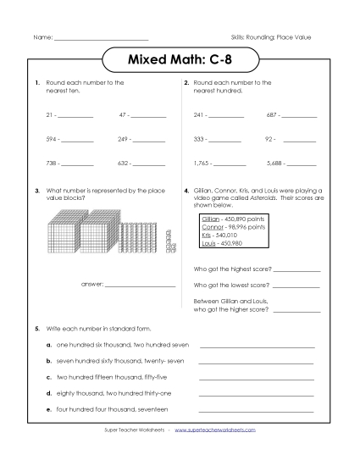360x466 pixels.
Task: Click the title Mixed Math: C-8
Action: pos(180,62)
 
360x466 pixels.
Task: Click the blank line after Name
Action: pos(101,40)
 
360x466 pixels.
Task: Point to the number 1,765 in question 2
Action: pos(202,163)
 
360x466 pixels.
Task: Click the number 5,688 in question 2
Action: pos(274,163)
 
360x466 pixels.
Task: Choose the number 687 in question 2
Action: pos(273,114)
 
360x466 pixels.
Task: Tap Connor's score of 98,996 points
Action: pos(246,227)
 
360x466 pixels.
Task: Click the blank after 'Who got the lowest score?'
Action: pos(296,286)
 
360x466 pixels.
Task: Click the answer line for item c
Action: pos(256,378)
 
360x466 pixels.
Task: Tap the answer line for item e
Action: pos(256,411)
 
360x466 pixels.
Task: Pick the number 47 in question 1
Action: pos(123,114)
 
